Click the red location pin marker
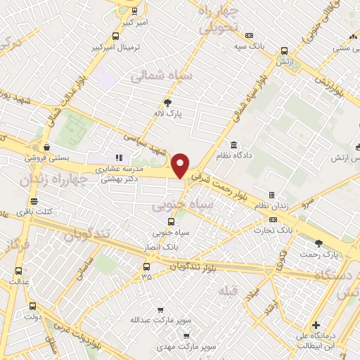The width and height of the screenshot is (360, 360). (181, 165)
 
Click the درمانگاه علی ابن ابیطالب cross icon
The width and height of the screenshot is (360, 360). (317, 326)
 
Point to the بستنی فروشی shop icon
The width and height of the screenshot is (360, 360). (46, 148)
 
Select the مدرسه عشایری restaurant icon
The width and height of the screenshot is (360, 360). (118, 158)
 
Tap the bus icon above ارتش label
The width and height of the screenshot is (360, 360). (284, 51)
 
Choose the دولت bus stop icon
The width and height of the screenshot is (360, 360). (32, 307)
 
